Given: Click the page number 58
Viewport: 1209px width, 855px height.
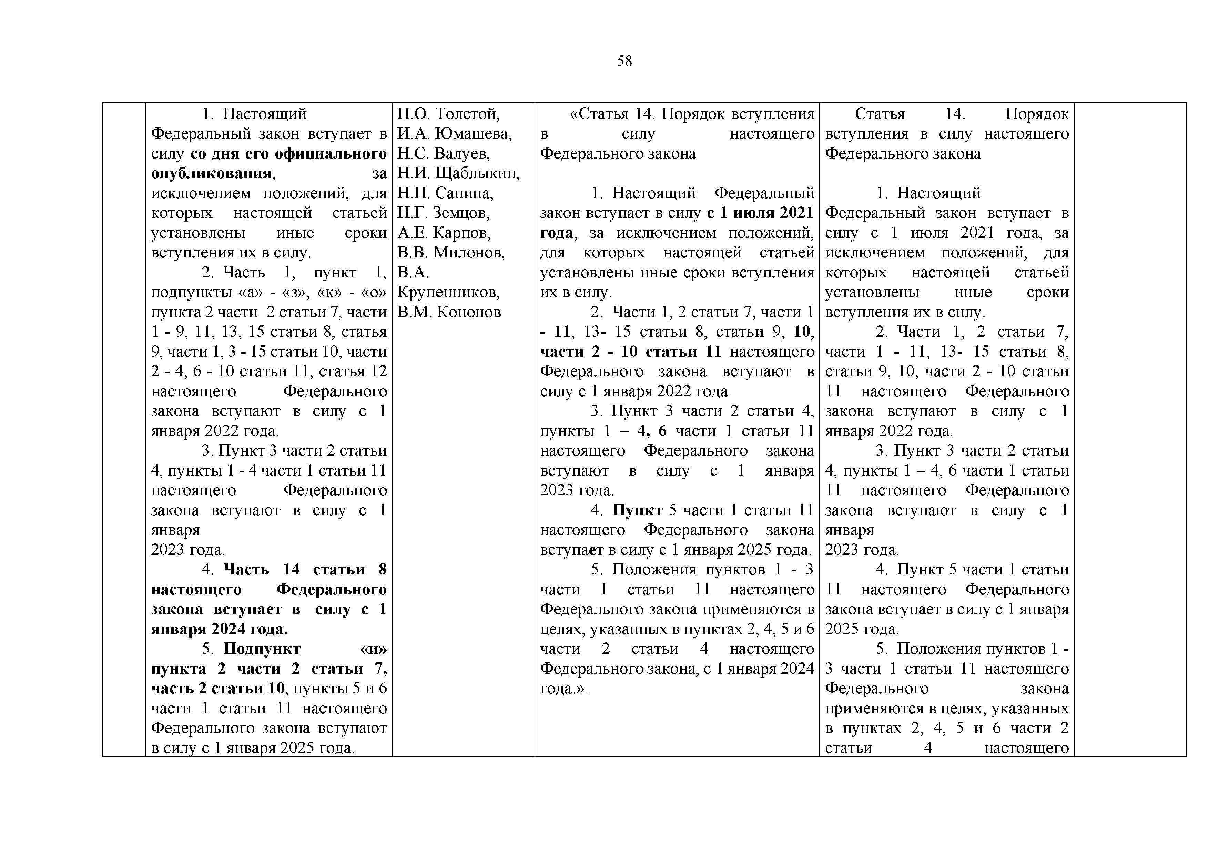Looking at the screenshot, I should (x=624, y=62).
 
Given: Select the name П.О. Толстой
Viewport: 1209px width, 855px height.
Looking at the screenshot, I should (x=448, y=114).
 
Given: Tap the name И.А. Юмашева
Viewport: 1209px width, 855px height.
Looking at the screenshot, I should (x=454, y=134).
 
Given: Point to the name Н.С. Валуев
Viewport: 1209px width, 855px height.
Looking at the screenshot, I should (x=443, y=153).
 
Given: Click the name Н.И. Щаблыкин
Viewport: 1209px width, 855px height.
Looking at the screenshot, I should (x=458, y=173).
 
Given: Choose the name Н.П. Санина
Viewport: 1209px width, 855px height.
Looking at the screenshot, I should (x=445, y=193).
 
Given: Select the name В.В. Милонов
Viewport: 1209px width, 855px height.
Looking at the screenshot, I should (x=451, y=253).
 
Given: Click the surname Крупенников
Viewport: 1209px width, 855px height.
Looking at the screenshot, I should (x=448, y=292).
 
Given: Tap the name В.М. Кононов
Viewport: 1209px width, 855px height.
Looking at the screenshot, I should (x=449, y=312).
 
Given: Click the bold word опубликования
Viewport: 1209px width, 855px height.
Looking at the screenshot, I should (x=211, y=173).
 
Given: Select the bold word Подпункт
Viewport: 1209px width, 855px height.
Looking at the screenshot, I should (x=262, y=649).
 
